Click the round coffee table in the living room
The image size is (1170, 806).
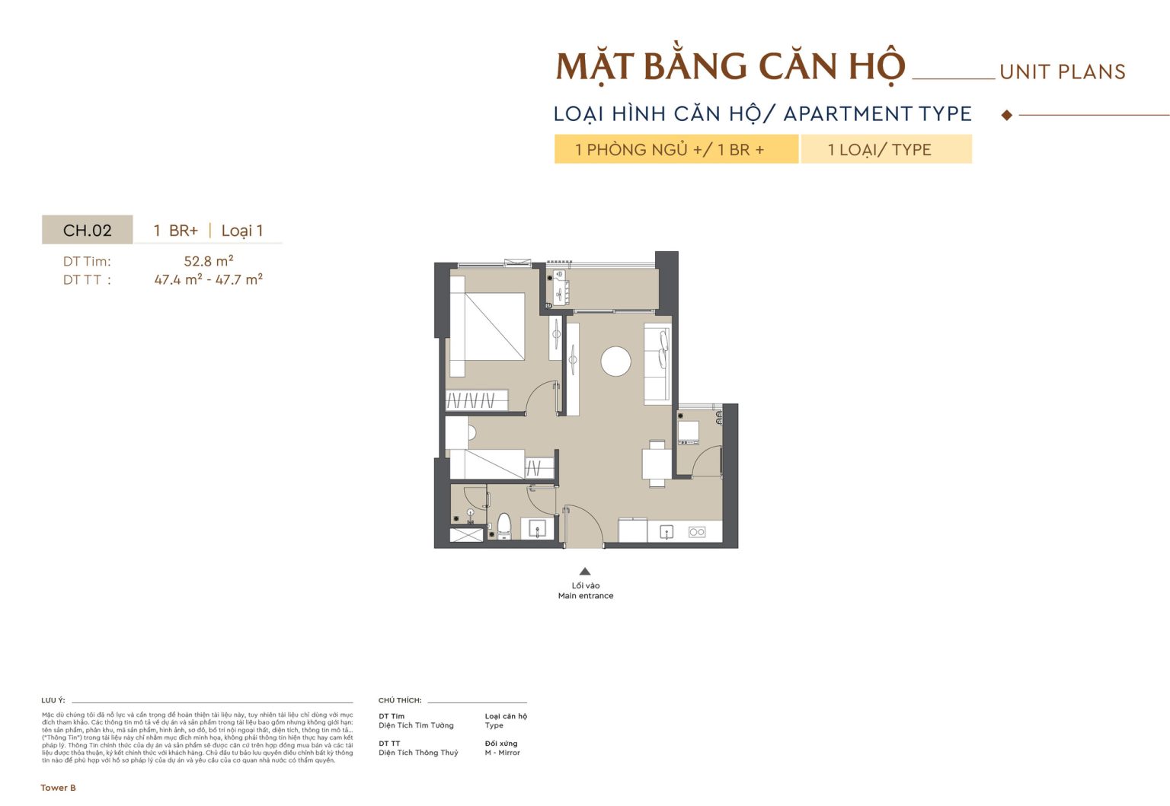click(615, 362)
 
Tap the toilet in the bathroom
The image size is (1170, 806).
click(503, 525)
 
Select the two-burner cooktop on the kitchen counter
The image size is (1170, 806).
click(697, 532)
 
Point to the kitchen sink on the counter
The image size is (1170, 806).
click(667, 531)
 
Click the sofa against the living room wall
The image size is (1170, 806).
click(657, 363)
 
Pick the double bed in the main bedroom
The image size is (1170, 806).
click(487, 327)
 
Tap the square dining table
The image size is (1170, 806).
click(657, 463)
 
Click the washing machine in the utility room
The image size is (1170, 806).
click(689, 432)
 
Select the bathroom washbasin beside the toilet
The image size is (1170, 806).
click(538, 528)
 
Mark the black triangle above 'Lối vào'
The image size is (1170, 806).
click(585, 572)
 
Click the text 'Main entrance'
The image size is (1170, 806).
click(585, 596)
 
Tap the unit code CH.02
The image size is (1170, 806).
click(87, 231)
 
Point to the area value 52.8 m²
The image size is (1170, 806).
click(209, 261)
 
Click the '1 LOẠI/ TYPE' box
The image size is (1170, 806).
click(886, 149)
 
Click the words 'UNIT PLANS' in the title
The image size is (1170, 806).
click(1062, 72)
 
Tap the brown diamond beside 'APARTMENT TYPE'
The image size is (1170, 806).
click(1007, 115)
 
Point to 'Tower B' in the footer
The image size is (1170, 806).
click(59, 788)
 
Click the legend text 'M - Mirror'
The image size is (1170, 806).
click(502, 753)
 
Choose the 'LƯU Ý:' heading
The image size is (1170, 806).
click(53, 700)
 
